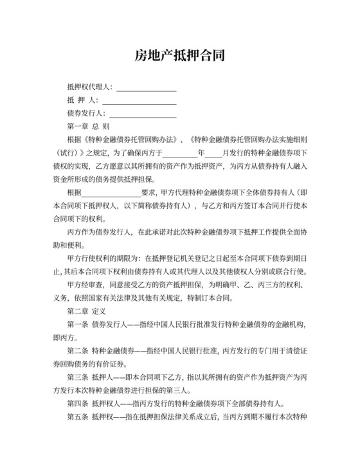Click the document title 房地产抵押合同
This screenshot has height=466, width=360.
(x=179, y=55)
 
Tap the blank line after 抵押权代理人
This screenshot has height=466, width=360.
(x=146, y=88)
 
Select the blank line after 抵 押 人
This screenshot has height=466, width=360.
(x=139, y=102)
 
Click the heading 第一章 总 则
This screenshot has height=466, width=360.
(x=88, y=126)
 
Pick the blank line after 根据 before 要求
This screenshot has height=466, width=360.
(x=110, y=194)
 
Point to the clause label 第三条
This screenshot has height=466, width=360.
(x=76, y=377)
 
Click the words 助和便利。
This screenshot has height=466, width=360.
(x=66, y=245)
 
